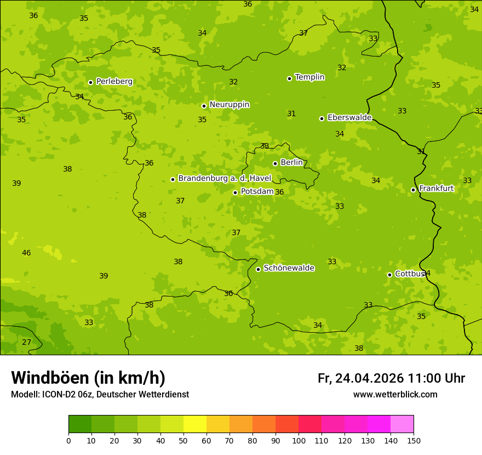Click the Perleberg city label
click(x=114, y=82)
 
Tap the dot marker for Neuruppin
click(x=204, y=106)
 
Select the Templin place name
click(x=309, y=77)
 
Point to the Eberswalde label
click(x=349, y=118)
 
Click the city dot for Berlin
click(x=275, y=163)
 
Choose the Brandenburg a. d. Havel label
click(x=225, y=179)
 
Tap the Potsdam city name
click(x=257, y=191)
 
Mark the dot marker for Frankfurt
click(x=413, y=190)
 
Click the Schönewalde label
click(x=289, y=268)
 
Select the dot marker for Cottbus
click(x=389, y=275)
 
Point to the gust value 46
click(x=26, y=253)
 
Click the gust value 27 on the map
click(x=26, y=342)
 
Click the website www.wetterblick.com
click(x=395, y=395)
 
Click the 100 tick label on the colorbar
click(x=299, y=440)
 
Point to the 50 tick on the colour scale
click(x=183, y=440)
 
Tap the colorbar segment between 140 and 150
click(x=402, y=424)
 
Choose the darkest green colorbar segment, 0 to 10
click(x=80, y=424)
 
